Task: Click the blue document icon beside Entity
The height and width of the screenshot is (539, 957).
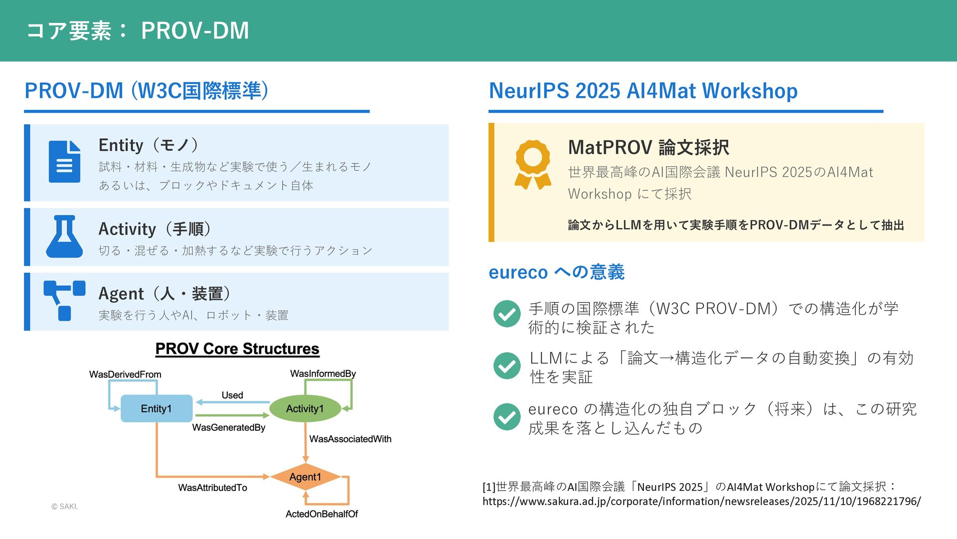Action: [64, 162]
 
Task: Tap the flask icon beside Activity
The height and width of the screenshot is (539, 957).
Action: [64, 237]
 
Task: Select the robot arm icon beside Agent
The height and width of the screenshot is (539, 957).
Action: [64, 300]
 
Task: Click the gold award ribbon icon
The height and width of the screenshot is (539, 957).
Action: [533, 164]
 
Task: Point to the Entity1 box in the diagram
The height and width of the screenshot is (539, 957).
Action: [156, 409]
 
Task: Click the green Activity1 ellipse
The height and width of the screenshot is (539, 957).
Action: [305, 409]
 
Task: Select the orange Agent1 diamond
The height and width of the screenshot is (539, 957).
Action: [305, 477]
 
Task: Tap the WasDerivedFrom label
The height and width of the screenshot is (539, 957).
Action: [125, 374]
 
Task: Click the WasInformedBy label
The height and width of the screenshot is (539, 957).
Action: [323, 374]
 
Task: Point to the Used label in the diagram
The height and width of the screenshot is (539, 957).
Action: [232, 395]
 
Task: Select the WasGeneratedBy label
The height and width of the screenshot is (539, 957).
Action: [229, 428]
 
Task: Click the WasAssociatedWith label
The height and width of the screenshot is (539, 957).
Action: [350, 439]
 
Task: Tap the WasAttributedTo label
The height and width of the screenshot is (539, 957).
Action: [213, 488]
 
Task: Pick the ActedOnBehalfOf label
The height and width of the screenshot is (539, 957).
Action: [321, 514]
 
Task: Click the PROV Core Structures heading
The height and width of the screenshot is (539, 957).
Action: [237, 349]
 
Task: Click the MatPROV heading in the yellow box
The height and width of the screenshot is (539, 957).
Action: [648, 148]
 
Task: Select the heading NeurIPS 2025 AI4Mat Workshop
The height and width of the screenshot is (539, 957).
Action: [643, 91]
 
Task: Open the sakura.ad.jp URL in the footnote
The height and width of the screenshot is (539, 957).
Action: [701, 502]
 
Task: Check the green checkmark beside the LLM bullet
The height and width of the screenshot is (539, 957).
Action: [507, 365]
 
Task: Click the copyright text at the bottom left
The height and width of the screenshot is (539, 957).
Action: [65, 507]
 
